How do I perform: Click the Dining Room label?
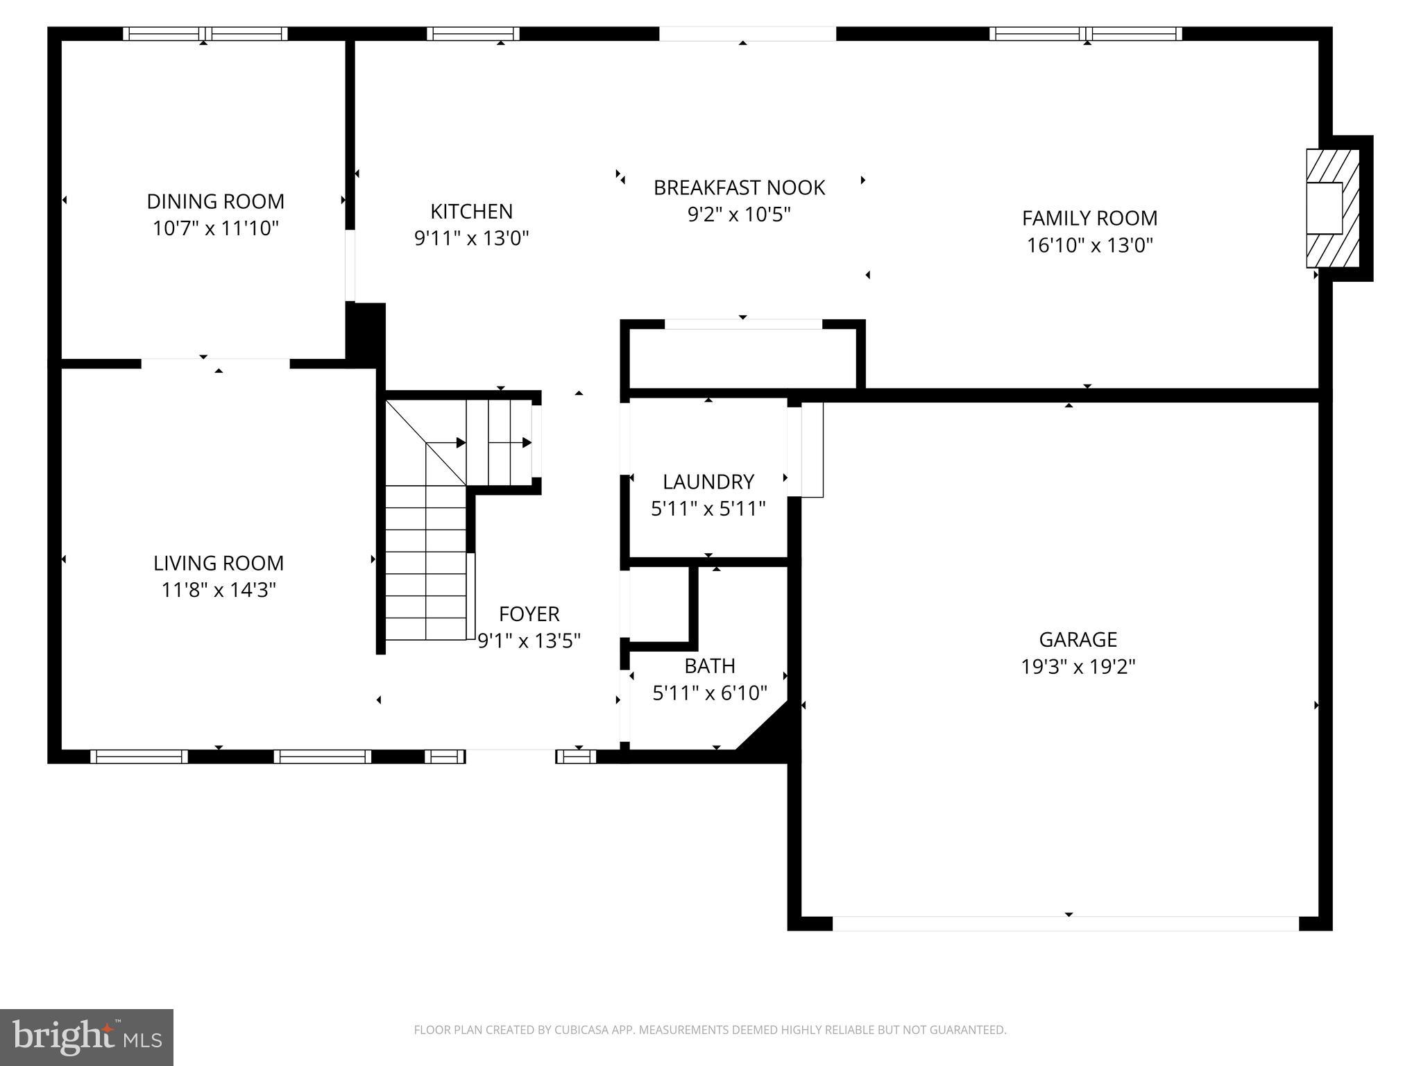(215, 201)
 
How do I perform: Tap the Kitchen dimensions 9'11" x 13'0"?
(471, 239)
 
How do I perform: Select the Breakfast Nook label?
(739, 187)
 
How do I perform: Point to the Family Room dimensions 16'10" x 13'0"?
(1089, 245)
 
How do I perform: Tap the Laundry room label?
(708, 482)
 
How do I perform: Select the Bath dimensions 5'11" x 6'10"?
(709, 693)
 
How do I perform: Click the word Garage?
(1078, 639)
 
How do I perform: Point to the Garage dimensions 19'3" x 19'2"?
(1078, 667)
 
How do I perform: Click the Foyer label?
(529, 614)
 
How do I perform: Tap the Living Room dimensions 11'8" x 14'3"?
(219, 590)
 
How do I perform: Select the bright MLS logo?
(86, 1037)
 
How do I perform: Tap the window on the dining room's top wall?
(205, 33)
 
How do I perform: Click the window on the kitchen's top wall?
(473, 33)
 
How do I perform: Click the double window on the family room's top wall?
(1085, 33)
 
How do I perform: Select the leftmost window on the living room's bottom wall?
(139, 756)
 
